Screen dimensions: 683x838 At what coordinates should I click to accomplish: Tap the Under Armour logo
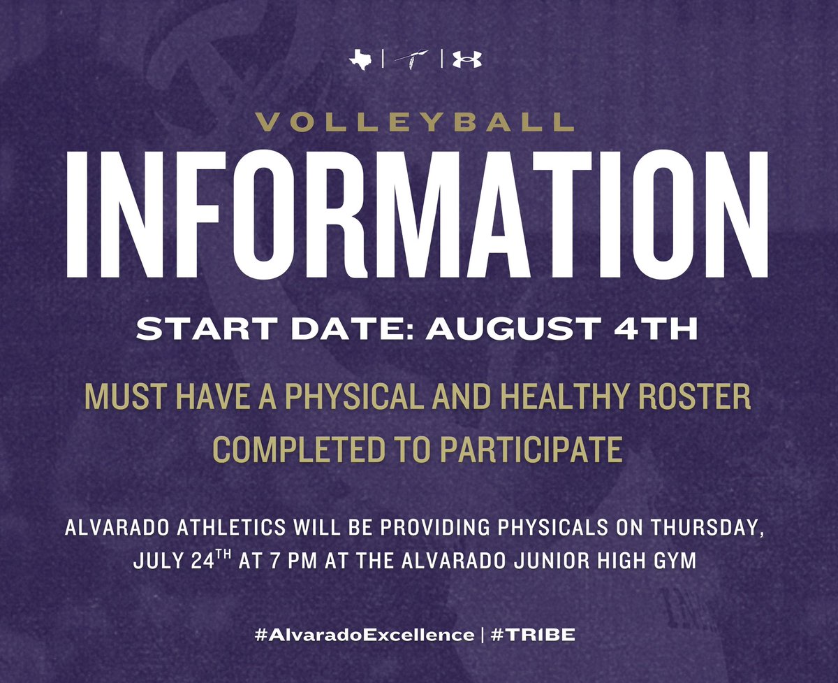[466, 61]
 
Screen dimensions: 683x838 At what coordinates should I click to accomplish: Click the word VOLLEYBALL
[415, 123]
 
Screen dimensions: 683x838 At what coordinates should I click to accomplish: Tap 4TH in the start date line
[665, 329]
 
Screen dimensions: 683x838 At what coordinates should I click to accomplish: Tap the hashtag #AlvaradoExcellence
[363, 635]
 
